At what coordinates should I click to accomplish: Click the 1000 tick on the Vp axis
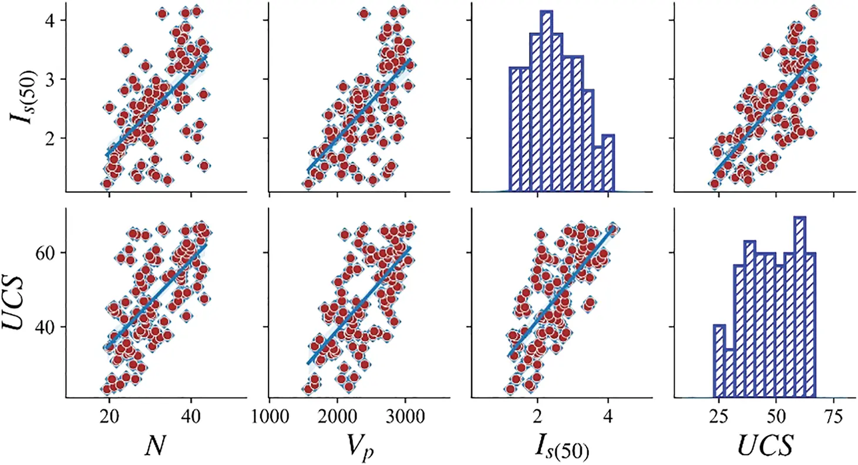(270, 416)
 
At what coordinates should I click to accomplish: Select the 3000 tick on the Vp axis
(405, 416)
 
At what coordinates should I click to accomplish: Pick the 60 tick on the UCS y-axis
(49, 252)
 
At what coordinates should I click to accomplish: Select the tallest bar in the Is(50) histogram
(546, 100)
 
